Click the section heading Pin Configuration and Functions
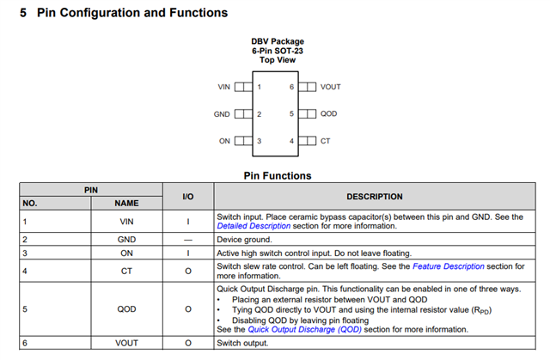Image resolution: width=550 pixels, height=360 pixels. (132, 13)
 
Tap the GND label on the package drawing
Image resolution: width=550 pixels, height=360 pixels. (222, 113)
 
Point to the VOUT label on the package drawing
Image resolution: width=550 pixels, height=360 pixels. (331, 87)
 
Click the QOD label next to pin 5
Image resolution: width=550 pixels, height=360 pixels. (328, 113)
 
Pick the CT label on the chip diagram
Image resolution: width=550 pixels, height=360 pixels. (325, 140)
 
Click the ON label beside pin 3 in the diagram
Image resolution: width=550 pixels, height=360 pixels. (225, 140)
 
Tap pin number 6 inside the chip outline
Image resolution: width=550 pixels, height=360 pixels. (292, 87)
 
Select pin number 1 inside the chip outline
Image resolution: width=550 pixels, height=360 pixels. (260, 87)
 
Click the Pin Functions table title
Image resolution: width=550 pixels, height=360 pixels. (278, 176)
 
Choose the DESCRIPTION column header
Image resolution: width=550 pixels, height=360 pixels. (375, 197)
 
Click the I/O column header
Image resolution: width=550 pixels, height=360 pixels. (188, 197)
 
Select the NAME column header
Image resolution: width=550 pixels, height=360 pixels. (126, 204)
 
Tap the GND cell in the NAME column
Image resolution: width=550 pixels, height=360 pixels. (126, 240)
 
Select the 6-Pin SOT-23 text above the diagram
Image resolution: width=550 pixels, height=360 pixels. (277, 51)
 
